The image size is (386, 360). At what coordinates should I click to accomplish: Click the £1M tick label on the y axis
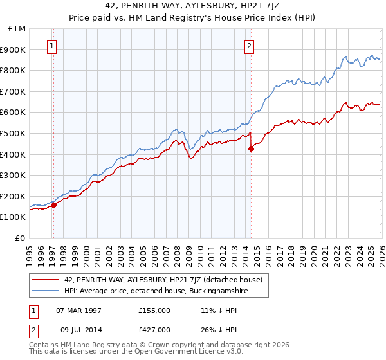point(17,29)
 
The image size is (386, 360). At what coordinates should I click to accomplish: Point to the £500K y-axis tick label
point(14,133)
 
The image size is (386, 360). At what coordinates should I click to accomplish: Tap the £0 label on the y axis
point(21,238)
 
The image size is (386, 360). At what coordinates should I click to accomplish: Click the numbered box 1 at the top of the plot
point(51,46)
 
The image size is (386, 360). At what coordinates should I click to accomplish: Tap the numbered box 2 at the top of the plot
point(249,46)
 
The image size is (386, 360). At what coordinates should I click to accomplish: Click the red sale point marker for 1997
point(54,205)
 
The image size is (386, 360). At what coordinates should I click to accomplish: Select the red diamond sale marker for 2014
point(251,148)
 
